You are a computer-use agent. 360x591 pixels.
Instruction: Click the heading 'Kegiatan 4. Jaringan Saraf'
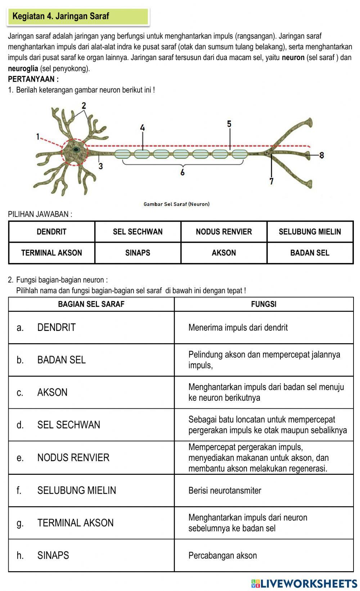click(60, 16)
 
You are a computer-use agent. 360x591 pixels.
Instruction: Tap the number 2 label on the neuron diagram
click(84, 106)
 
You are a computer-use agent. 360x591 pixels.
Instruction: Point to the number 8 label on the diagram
click(321, 155)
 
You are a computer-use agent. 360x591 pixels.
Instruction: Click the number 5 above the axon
click(229, 124)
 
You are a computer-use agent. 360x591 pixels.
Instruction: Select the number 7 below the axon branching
click(271, 181)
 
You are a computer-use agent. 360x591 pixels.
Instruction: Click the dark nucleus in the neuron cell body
click(76, 149)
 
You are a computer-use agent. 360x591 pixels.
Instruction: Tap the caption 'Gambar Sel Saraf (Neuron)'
click(176, 204)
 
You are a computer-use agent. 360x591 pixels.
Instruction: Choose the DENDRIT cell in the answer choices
click(51, 232)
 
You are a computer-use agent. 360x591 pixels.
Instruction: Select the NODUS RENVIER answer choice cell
click(224, 232)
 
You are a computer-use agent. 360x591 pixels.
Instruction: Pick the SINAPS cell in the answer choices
click(138, 253)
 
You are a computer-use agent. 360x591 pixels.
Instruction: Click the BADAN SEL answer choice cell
click(310, 253)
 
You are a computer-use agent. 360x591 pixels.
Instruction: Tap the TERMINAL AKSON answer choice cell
click(51, 253)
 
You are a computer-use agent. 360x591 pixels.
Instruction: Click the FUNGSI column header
click(264, 304)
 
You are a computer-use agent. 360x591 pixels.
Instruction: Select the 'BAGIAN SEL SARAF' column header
click(91, 304)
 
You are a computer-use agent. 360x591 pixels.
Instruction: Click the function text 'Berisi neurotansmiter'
click(225, 491)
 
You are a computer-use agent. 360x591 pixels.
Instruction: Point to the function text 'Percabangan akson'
click(222, 555)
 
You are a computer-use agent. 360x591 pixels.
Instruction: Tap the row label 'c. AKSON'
click(42, 392)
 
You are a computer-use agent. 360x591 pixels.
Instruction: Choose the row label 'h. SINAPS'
click(43, 555)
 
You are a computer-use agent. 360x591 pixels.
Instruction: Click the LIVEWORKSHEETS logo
click(304, 583)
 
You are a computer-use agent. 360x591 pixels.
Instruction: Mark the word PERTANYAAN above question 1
click(32, 79)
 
